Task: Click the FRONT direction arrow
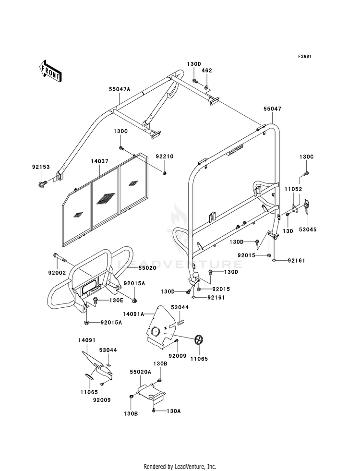(50, 71)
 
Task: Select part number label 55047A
(120, 89)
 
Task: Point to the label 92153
(41, 167)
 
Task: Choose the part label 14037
(99, 161)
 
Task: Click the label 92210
(165, 157)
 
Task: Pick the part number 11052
(293, 189)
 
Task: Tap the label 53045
(308, 229)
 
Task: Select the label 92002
(57, 273)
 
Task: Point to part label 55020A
(140, 372)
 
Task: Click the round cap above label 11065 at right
(198, 340)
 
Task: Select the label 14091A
(133, 314)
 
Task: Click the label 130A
(174, 411)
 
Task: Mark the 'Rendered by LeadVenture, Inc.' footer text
(180, 466)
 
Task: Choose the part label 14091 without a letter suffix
(87, 340)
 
